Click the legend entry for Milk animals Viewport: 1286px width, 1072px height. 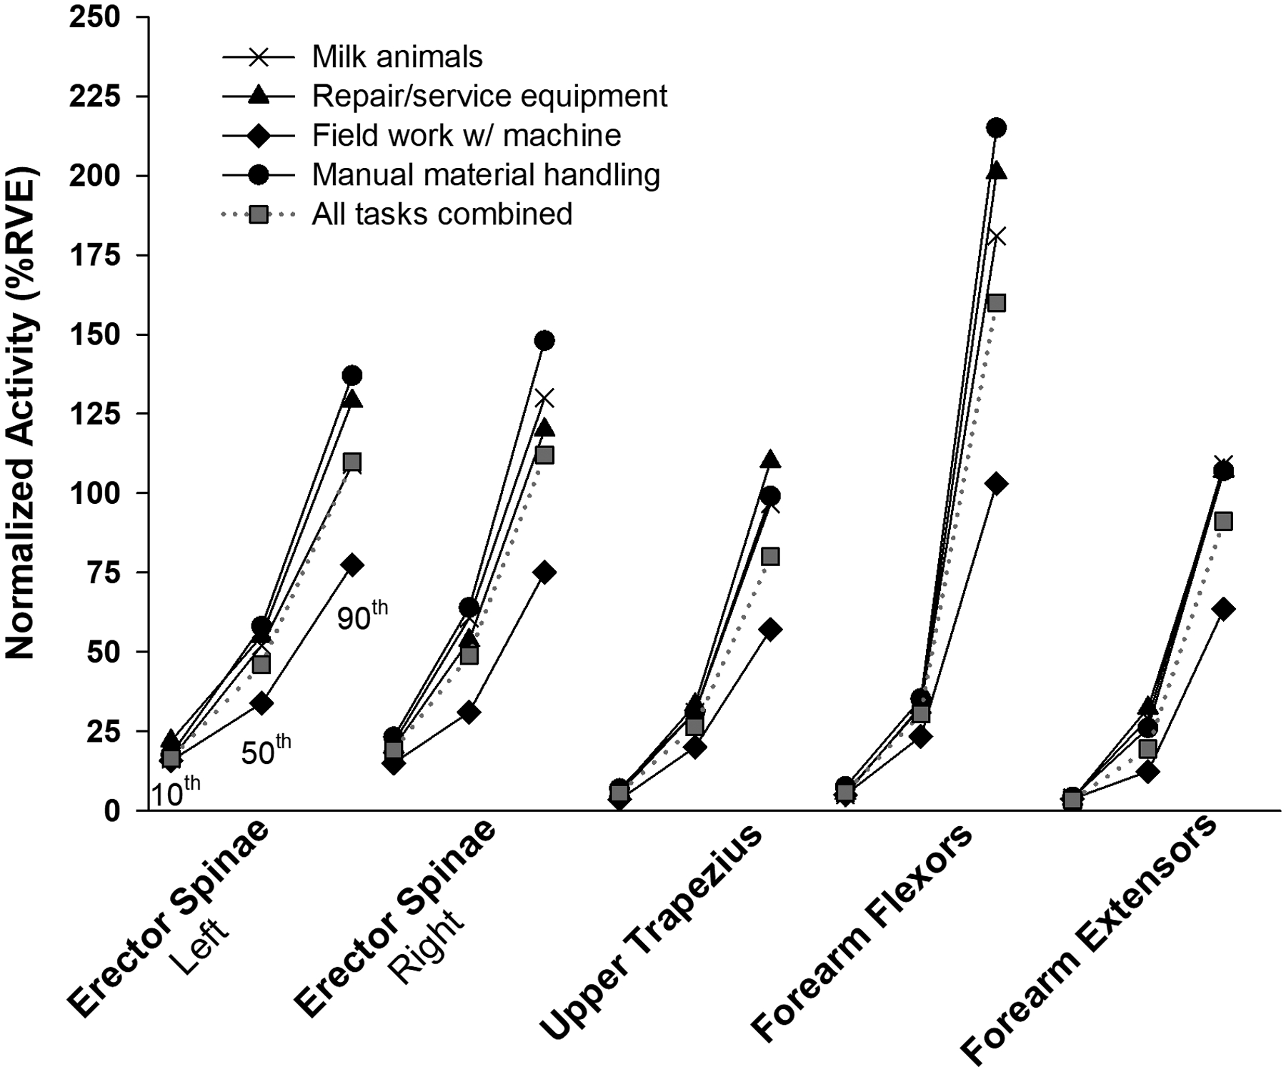(x=397, y=56)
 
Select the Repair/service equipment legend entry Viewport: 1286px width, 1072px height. (x=489, y=96)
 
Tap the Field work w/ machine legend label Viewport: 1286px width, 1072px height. (x=466, y=135)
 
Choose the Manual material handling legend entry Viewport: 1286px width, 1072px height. (x=486, y=174)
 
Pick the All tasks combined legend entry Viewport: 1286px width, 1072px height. (x=442, y=214)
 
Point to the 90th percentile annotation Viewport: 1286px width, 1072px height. (x=362, y=616)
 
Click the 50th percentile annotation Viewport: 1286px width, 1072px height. (x=266, y=750)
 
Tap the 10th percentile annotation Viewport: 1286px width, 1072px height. (x=175, y=792)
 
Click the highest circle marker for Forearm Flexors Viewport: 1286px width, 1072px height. (x=996, y=128)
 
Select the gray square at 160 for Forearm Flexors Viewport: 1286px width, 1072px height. (x=996, y=303)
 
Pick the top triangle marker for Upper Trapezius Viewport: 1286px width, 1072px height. (x=770, y=460)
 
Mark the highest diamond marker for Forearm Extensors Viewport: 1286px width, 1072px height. (x=1223, y=610)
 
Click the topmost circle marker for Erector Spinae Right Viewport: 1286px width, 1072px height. (x=544, y=340)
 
